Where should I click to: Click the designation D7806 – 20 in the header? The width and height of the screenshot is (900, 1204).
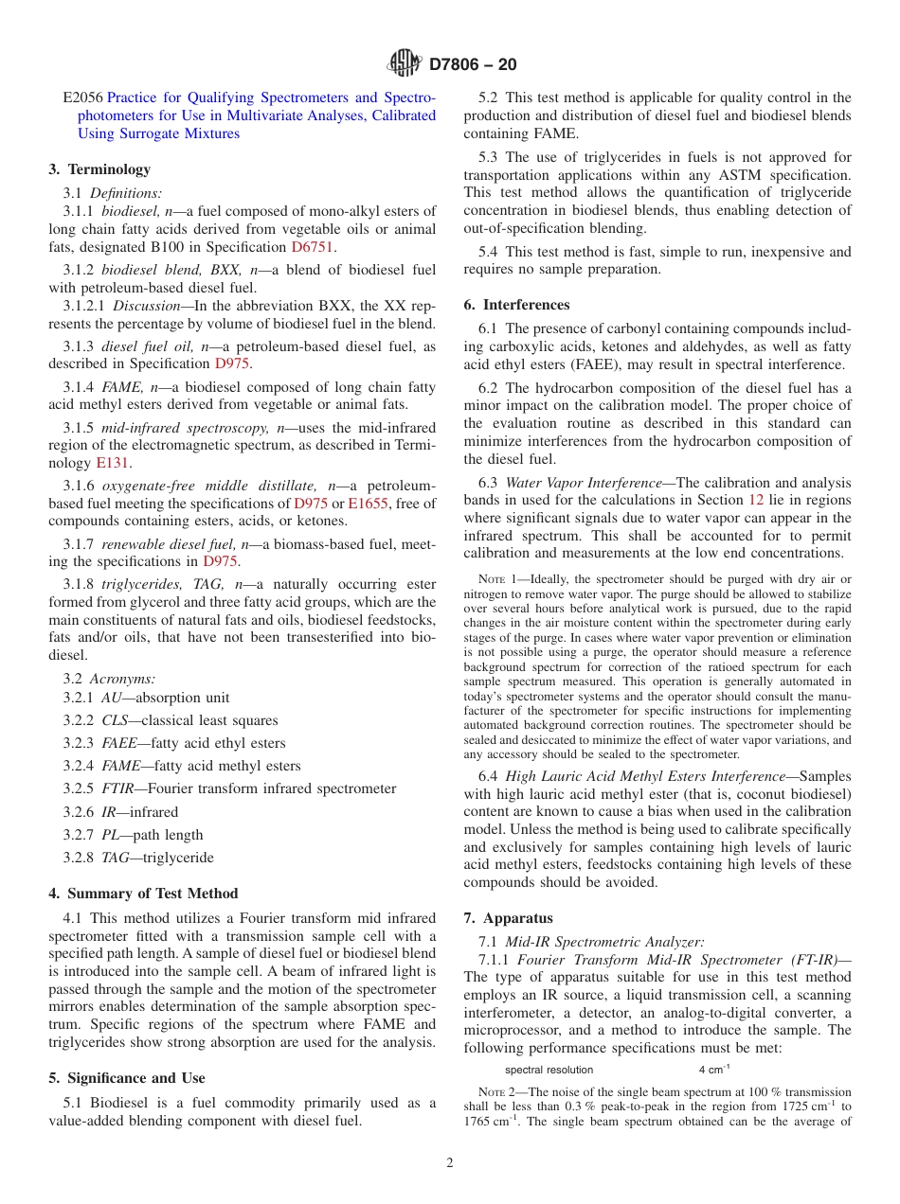pyautogui.click(x=473, y=64)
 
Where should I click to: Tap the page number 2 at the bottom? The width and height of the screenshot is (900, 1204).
pyautogui.click(x=450, y=1162)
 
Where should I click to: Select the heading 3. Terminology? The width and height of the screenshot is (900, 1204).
pyautogui.click(x=99, y=169)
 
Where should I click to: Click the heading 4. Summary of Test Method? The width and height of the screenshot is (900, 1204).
pyautogui.click(x=143, y=894)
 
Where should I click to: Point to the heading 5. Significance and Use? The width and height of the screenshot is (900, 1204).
pyautogui.click(x=127, y=1078)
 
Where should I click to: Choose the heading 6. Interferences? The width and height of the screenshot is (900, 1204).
pyautogui.click(x=516, y=305)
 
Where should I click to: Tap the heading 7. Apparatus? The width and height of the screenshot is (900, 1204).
pyautogui.click(x=508, y=918)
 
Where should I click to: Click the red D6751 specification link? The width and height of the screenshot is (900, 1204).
pyautogui.click(x=313, y=247)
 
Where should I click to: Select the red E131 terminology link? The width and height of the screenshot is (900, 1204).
pyautogui.click(x=113, y=463)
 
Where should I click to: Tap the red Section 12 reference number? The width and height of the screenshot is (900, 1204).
pyautogui.click(x=756, y=500)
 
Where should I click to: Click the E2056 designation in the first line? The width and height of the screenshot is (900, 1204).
pyautogui.click(x=82, y=97)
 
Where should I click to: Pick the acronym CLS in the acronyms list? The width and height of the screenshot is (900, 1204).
pyautogui.click(x=115, y=720)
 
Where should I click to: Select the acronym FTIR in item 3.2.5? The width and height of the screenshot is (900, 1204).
pyautogui.click(x=117, y=788)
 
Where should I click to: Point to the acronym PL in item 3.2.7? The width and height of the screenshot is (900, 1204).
pyautogui.click(x=110, y=835)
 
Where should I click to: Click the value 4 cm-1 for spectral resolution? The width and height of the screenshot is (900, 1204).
pyautogui.click(x=713, y=1070)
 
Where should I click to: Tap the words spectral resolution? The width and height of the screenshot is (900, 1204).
pyautogui.click(x=549, y=1070)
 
